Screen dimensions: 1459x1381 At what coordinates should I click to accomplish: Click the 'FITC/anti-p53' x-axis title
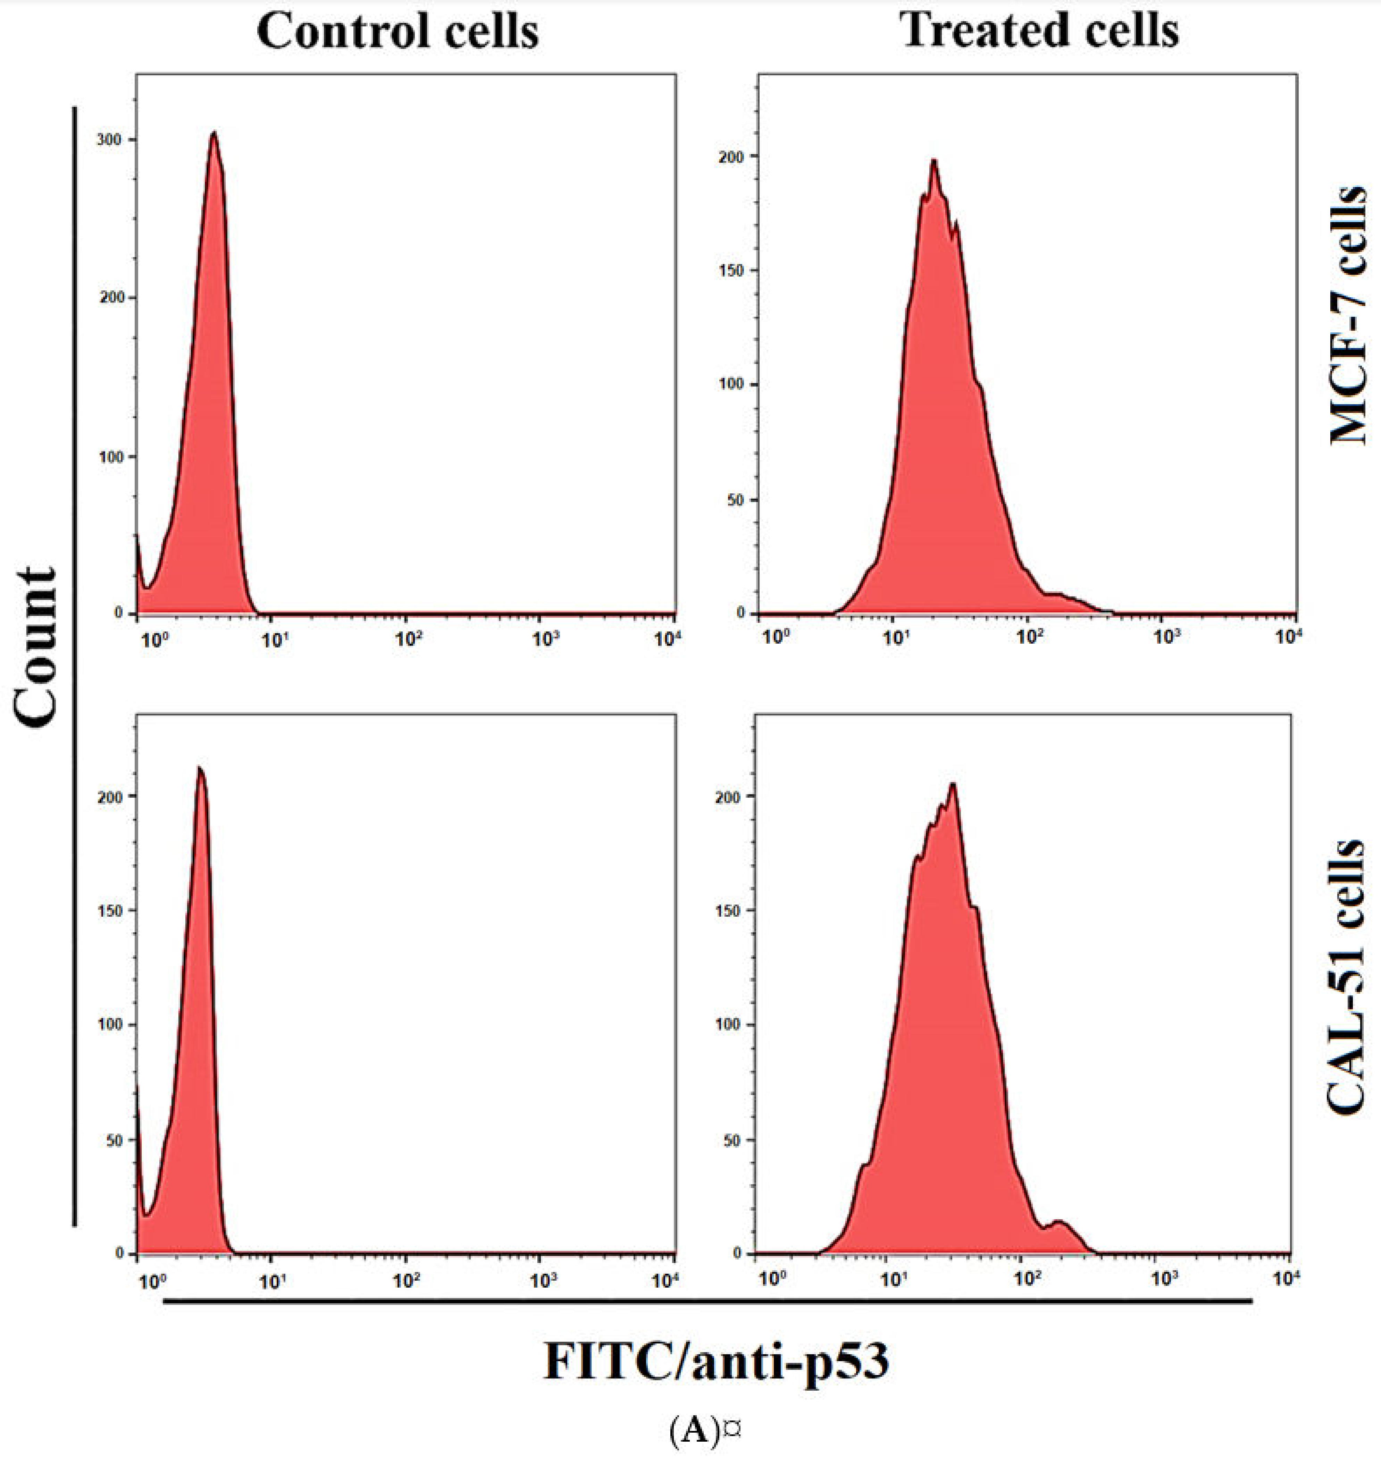tap(715, 1361)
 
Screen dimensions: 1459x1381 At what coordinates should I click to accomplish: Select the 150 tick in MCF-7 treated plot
tap(731, 270)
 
